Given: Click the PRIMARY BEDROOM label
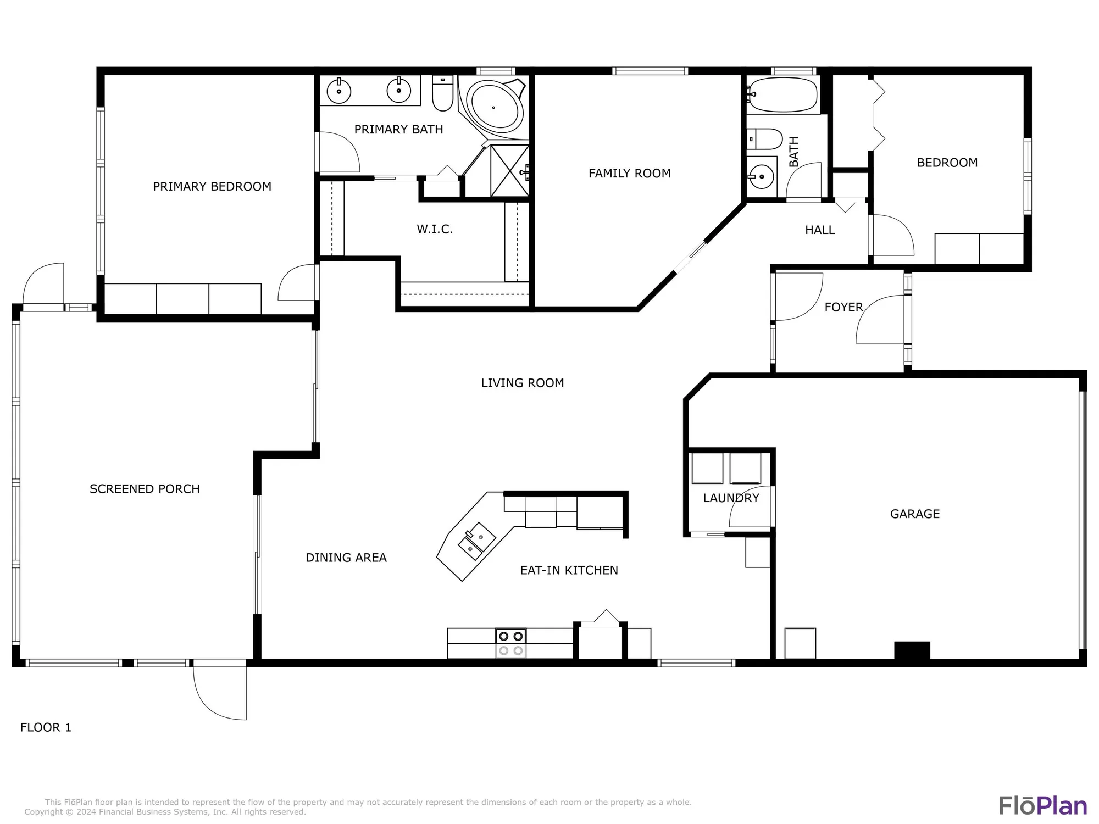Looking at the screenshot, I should pos(212,187).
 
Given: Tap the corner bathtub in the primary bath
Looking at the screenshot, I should pos(493,108).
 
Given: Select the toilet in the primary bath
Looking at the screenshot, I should pos(442,94).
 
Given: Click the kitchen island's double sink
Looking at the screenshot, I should pos(476,541).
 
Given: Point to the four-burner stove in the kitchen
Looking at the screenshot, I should pos(511,643).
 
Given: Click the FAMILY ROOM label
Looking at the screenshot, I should pos(629,174).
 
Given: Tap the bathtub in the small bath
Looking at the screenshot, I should pos(782,94).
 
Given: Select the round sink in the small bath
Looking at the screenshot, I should pos(761,176).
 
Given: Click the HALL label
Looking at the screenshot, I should pos(819,230).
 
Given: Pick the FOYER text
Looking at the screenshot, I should pos(843,307).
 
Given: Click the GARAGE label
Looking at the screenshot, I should pos(914,514).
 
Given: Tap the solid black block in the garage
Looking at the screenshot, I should pos(912,650).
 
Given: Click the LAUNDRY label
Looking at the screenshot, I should pos(731,498).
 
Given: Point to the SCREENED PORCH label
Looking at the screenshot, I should pos(145,489).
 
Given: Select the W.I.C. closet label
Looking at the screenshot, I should pos(434,230).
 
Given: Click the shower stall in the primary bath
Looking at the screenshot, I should pos(509,170).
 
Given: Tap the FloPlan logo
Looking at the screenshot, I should pos(1042,806).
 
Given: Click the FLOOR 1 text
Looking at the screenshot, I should pos(46,727).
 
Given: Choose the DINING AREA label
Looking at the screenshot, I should pos(346,558).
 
